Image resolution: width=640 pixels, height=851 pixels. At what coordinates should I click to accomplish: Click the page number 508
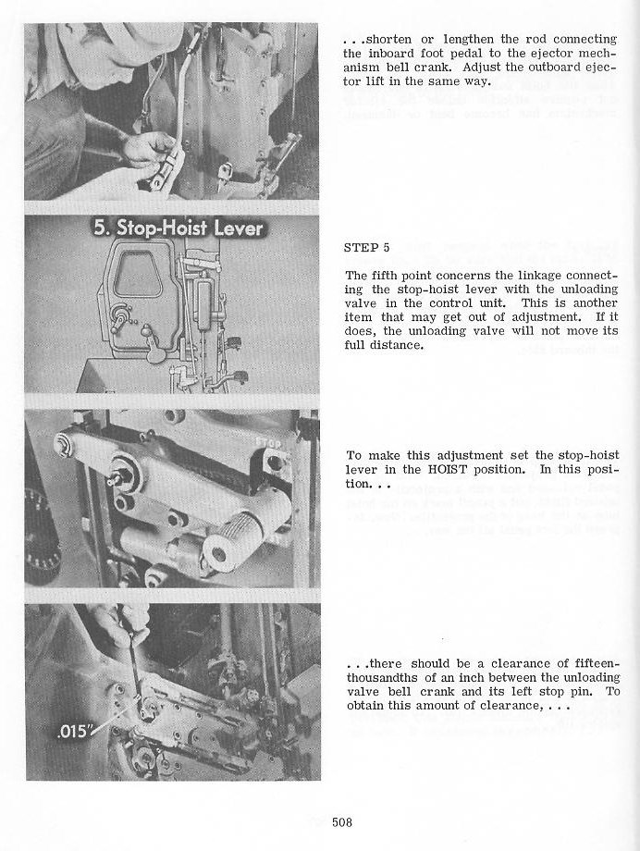tap(342, 821)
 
